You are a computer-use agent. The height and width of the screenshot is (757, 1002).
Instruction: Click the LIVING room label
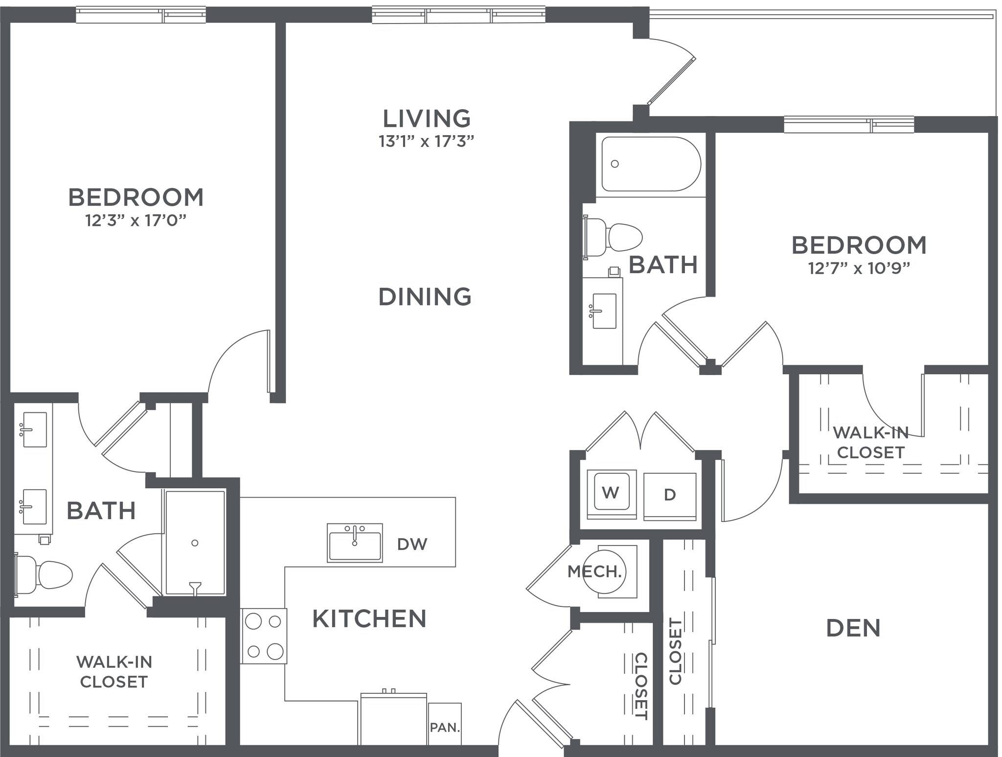[x=426, y=118]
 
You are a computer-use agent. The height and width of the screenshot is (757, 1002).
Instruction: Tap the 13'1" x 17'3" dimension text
[x=426, y=142]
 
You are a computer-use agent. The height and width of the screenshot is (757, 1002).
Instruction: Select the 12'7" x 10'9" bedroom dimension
[x=859, y=268]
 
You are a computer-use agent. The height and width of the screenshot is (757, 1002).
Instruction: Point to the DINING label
[x=425, y=297]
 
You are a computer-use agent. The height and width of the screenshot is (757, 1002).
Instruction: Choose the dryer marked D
[x=669, y=495]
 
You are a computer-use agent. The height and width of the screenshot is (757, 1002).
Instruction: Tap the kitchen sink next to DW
[x=355, y=543]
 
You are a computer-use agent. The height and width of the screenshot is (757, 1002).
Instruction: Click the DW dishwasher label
[x=412, y=544]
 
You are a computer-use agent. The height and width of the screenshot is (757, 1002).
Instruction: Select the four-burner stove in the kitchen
[x=264, y=636]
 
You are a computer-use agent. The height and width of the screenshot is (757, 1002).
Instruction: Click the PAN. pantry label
[x=445, y=728]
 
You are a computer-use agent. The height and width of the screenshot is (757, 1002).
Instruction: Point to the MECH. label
[x=594, y=571]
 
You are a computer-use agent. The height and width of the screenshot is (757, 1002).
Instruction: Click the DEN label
[x=853, y=628]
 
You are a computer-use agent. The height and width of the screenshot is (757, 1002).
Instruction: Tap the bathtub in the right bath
[x=651, y=164]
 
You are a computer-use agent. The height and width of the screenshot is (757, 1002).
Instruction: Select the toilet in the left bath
[x=46, y=574]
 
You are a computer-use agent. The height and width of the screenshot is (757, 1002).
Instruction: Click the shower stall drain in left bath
[x=195, y=543]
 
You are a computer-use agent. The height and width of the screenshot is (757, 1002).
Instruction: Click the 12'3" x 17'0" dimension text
[x=136, y=221]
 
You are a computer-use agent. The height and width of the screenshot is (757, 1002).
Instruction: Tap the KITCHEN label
[x=369, y=619]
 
